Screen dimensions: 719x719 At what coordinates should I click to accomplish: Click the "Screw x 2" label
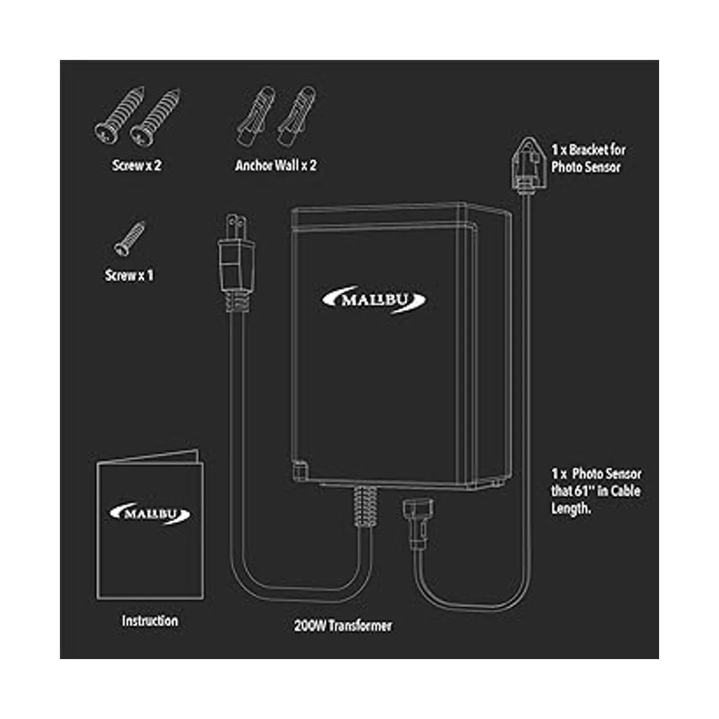[137, 165]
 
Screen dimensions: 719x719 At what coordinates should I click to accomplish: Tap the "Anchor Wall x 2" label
[276, 165]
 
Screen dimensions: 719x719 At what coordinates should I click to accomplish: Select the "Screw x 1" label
[129, 276]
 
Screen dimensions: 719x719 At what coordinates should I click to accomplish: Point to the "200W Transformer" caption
[343, 626]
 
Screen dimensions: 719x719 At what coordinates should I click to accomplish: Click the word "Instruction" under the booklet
[150, 621]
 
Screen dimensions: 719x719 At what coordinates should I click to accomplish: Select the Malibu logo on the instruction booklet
[150, 513]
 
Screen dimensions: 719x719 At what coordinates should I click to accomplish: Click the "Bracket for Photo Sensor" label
[587, 158]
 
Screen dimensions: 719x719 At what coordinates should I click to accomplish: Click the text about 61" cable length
[596, 491]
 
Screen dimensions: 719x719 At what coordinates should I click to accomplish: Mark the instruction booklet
[150, 527]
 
